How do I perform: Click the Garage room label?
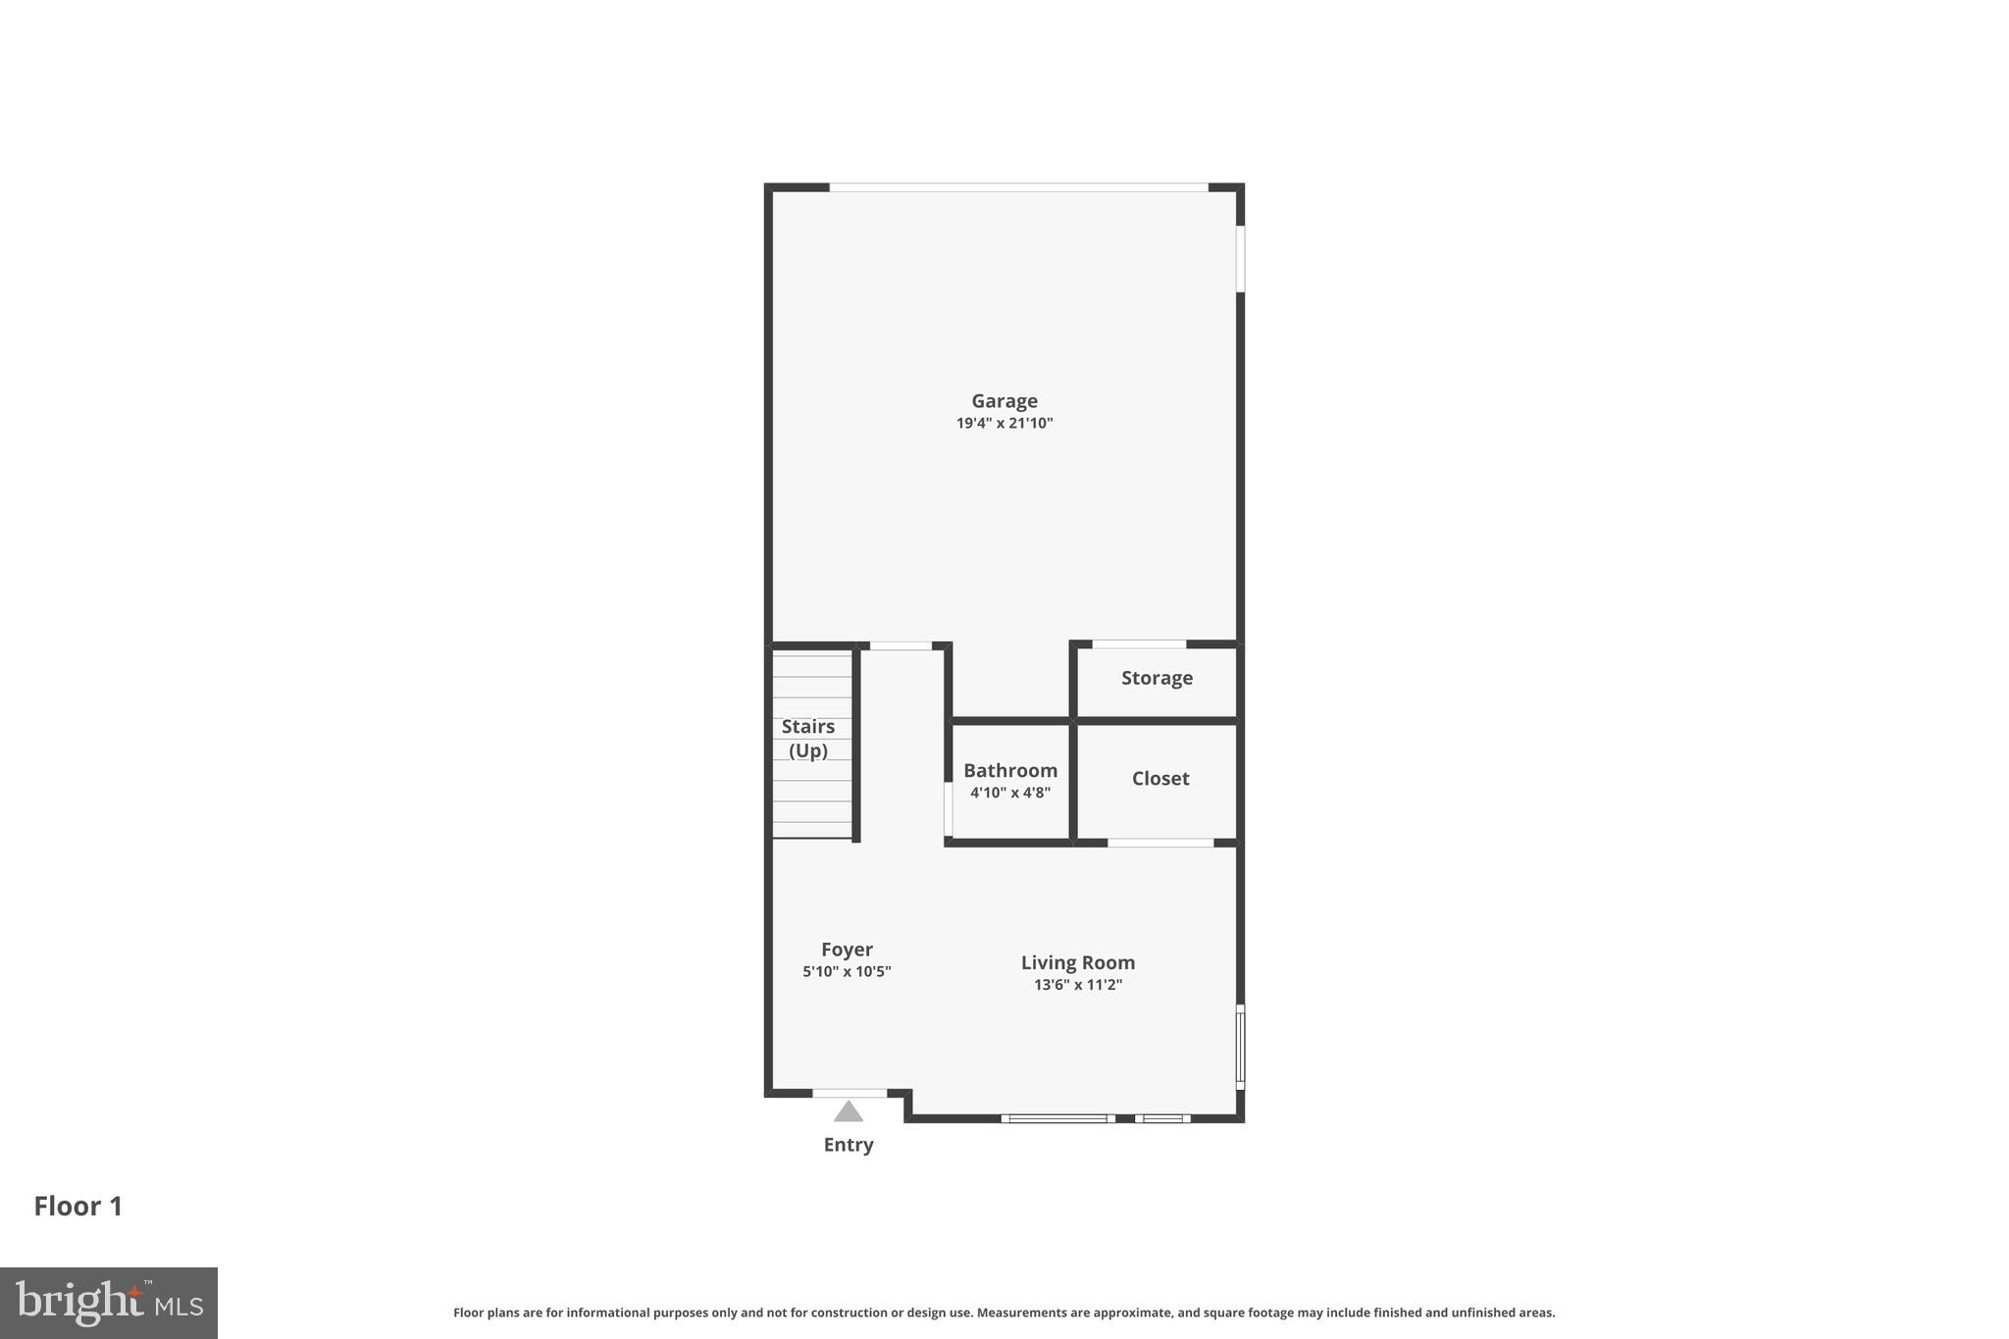point(1004,400)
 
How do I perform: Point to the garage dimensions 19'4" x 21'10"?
point(1004,424)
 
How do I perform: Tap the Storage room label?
point(1157,678)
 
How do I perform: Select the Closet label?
point(1159,778)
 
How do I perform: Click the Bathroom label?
point(1009,770)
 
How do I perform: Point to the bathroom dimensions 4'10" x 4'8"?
point(1009,793)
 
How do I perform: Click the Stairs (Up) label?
point(807,738)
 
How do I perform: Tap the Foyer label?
point(847,949)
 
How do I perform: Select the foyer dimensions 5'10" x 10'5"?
point(847,972)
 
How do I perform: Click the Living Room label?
point(1077,962)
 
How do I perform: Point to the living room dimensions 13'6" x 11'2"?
point(1077,985)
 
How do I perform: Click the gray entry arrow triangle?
point(849,1111)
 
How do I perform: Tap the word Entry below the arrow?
point(849,1145)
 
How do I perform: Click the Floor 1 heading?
point(78,1206)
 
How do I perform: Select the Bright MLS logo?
point(109,1303)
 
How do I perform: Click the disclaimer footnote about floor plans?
point(1004,1313)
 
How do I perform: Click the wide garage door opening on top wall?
point(1018,186)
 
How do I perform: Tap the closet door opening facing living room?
point(1160,843)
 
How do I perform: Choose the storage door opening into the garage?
point(1138,644)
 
